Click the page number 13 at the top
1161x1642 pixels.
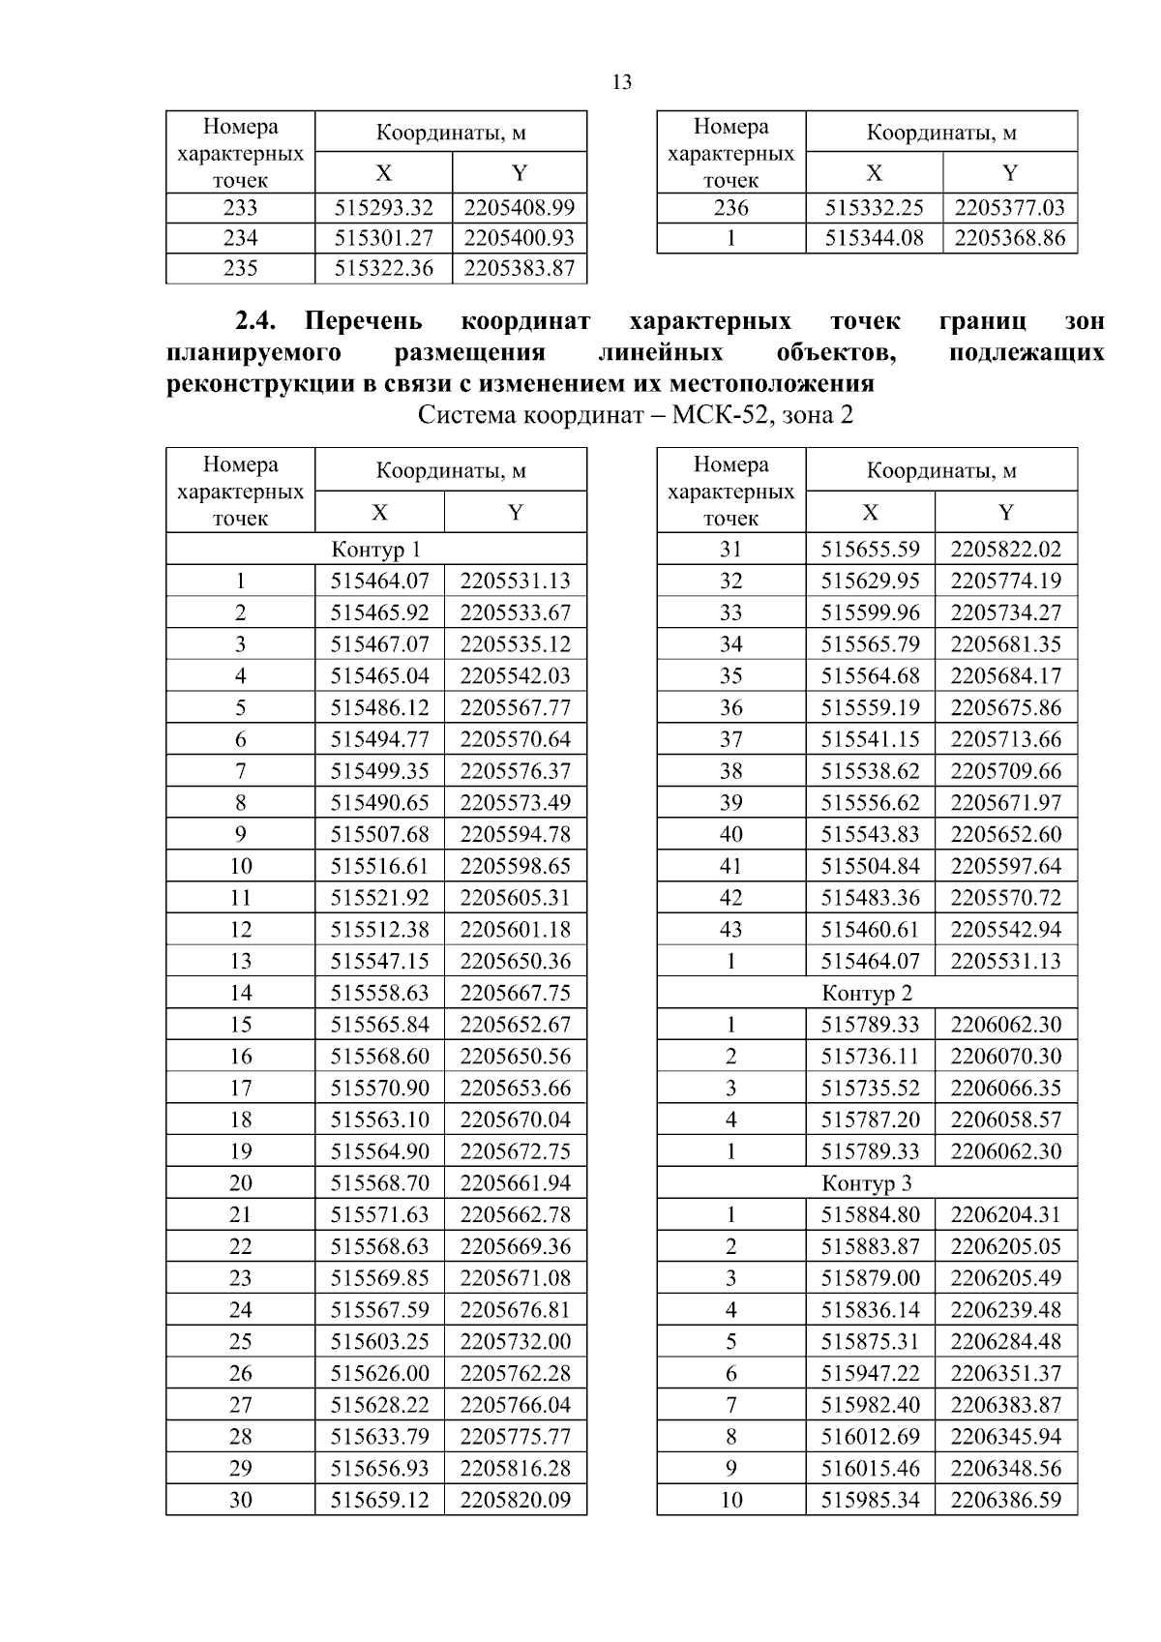(622, 82)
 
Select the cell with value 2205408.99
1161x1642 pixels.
(520, 207)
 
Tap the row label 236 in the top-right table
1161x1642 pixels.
(730, 207)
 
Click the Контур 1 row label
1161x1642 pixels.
(375, 550)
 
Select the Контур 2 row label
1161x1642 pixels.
(866, 993)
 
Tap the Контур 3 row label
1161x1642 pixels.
(866, 1183)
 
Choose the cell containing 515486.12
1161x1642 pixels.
(379, 707)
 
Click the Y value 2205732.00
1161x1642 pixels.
(515, 1341)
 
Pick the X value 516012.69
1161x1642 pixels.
(870, 1436)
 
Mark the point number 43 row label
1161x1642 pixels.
(730, 929)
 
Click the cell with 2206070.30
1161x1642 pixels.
(1005, 1056)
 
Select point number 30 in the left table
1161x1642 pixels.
(240, 1500)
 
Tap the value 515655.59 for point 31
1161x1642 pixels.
(870, 549)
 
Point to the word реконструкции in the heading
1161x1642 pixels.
(249, 384)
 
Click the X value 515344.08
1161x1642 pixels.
(874, 238)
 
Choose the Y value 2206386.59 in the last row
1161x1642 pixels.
(1005, 1500)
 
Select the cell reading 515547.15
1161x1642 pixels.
(379, 961)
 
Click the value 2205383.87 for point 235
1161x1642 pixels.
(520, 268)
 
